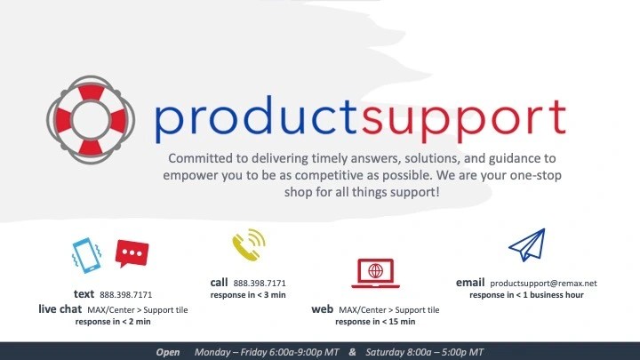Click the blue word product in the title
pos(256,118)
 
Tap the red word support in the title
pos(464,121)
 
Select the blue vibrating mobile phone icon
pos(86,255)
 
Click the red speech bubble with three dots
pos(132,253)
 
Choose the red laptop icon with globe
pos(375,273)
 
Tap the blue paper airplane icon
pos(527,245)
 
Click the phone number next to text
pos(125,295)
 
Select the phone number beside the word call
pos(260,284)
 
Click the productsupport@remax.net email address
pos(543,284)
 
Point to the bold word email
pos(470,283)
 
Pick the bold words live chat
pos(60,309)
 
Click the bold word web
pos(323,309)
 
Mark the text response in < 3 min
pos(248,295)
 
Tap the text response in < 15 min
pos(375,322)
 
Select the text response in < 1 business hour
pos(526,295)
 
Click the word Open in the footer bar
pos(168,352)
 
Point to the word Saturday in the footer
pos(385,352)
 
